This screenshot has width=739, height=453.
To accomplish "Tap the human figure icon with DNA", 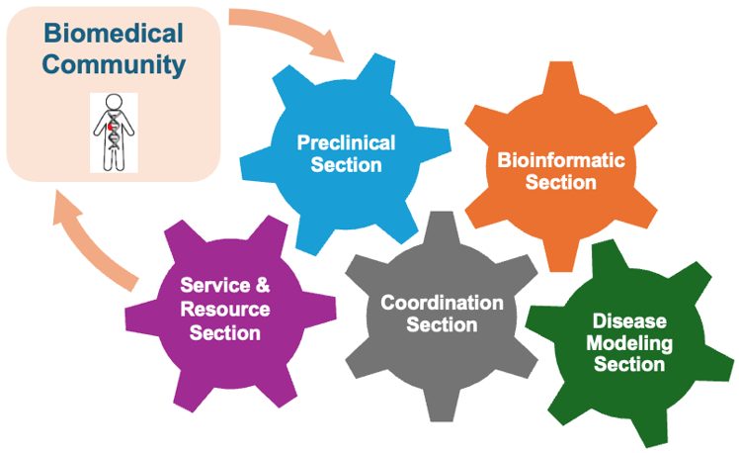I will [x=114, y=133].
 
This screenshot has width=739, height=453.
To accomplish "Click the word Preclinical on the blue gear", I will [x=346, y=143].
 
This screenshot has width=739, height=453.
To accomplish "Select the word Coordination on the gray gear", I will [x=442, y=303].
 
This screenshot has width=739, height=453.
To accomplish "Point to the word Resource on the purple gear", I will [x=224, y=310].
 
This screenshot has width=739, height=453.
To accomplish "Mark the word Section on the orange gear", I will [x=560, y=182].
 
